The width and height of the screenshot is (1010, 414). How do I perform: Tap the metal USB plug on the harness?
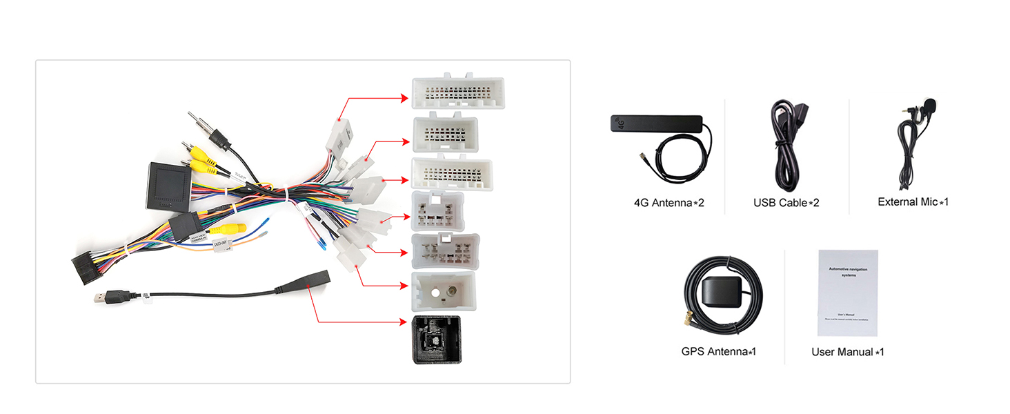click(x=101, y=299)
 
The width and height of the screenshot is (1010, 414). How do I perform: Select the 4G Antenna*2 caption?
click(x=669, y=204)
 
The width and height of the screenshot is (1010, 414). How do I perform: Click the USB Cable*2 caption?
click(x=786, y=203)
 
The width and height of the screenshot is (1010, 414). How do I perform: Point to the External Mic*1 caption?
click(x=913, y=202)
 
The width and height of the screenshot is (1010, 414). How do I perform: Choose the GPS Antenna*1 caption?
click(x=718, y=351)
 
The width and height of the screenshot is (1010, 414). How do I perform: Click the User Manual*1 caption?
click(x=847, y=352)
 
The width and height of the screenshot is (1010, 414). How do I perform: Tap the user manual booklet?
click(x=847, y=293)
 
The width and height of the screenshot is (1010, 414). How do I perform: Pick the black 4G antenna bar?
click(x=656, y=125)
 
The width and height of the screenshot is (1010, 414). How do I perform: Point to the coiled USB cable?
click(x=784, y=148)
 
